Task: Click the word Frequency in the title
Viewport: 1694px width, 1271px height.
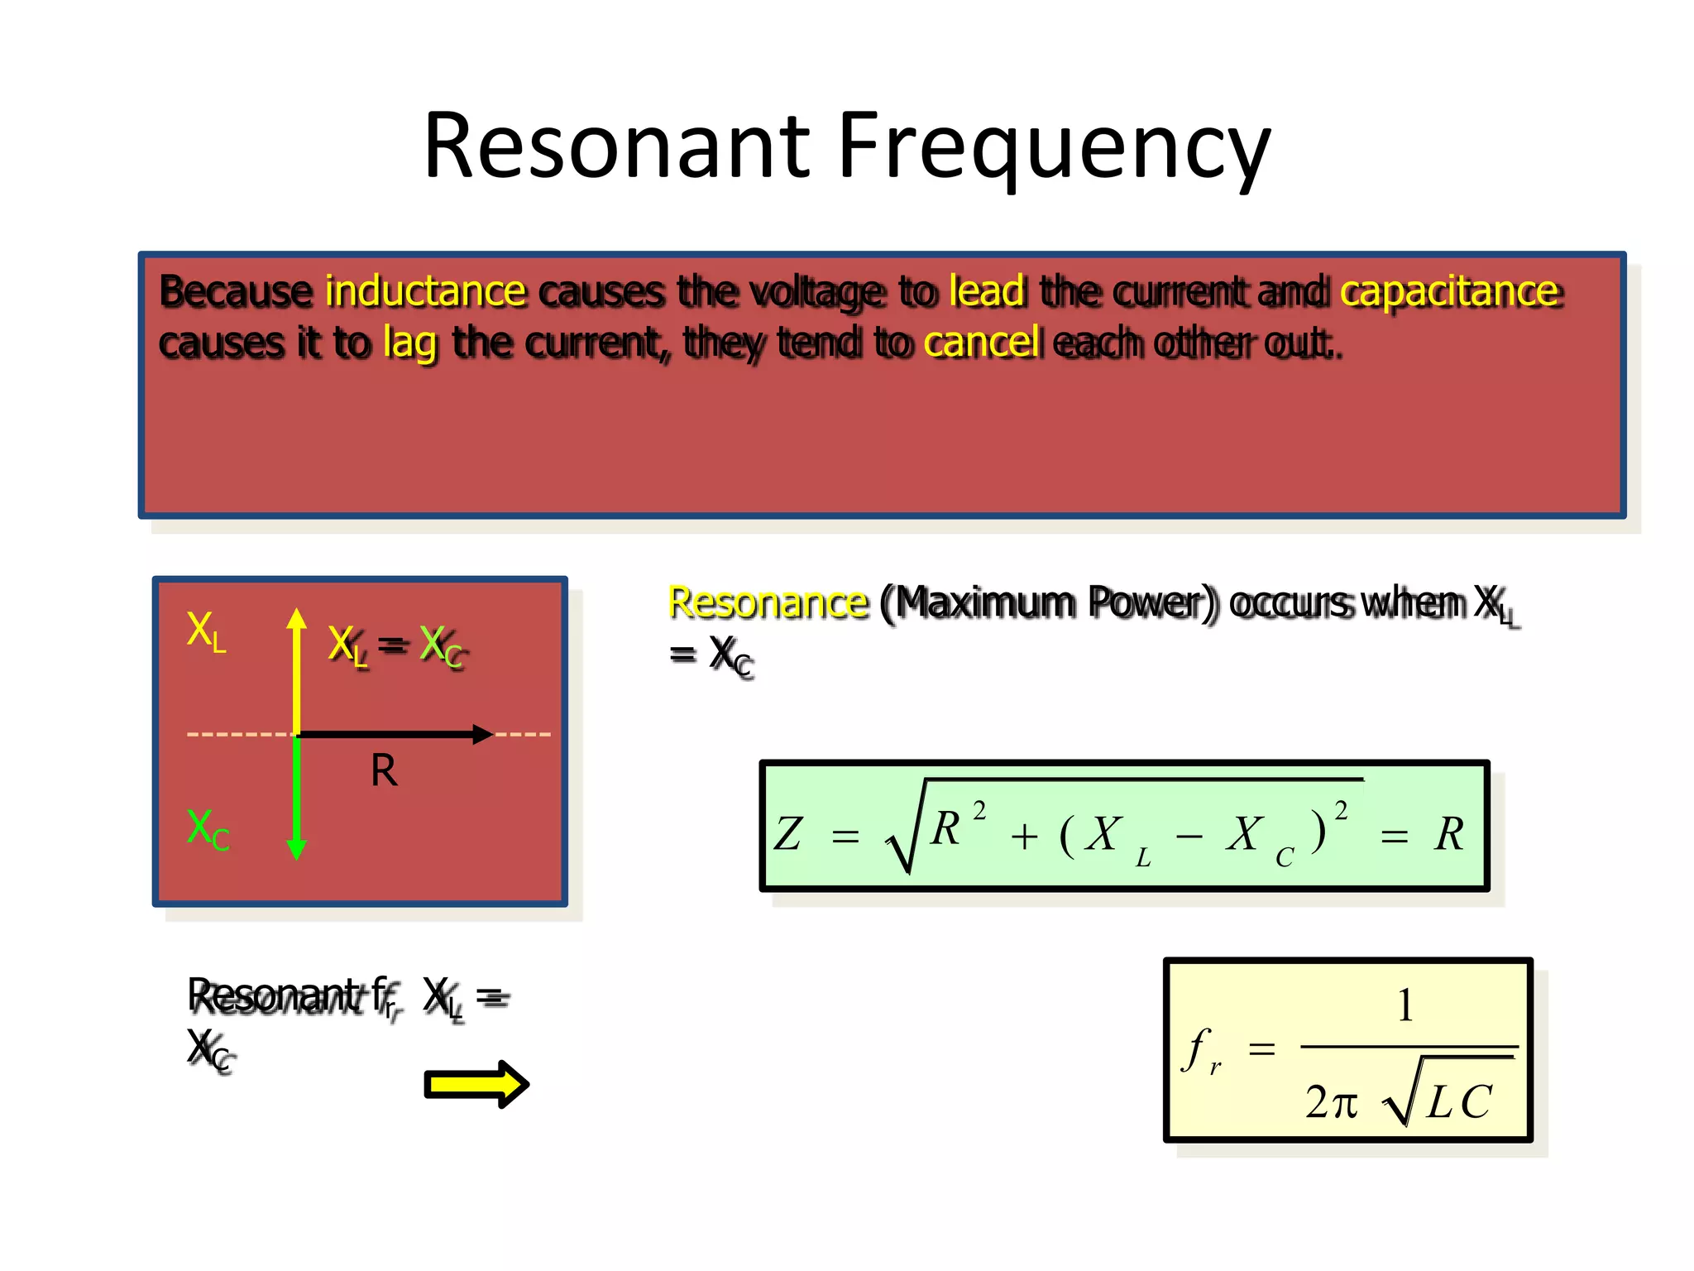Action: [x=1054, y=147]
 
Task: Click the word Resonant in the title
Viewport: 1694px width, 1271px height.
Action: [x=616, y=147]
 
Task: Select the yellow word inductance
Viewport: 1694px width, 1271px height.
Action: [x=425, y=291]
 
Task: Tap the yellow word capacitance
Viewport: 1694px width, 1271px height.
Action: [x=1449, y=291]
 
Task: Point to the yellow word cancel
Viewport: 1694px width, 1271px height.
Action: [x=981, y=342]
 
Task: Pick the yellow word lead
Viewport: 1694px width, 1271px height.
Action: [x=987, y=291]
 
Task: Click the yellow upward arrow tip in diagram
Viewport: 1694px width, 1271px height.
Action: [x=297, y=616]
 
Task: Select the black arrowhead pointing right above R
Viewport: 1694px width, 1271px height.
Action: [x=482, y=734]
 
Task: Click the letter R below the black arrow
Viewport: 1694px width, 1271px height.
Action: [x=384, y=771]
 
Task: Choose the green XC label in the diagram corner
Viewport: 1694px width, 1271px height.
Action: [x=208, y=829]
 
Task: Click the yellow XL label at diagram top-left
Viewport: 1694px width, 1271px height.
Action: [x=206, y=631]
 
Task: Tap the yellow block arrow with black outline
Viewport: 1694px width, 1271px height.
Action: [x=476, y=1084]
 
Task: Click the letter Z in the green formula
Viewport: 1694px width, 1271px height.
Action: [x=787, y=833]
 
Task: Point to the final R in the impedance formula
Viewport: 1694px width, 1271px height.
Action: [x=1449, y=833]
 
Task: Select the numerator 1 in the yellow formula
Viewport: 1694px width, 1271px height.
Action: [x=1404, y=1006]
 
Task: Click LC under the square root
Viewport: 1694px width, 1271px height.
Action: [x=1459, y=1101]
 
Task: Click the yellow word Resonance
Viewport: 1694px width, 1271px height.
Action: [x=768, y=602]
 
